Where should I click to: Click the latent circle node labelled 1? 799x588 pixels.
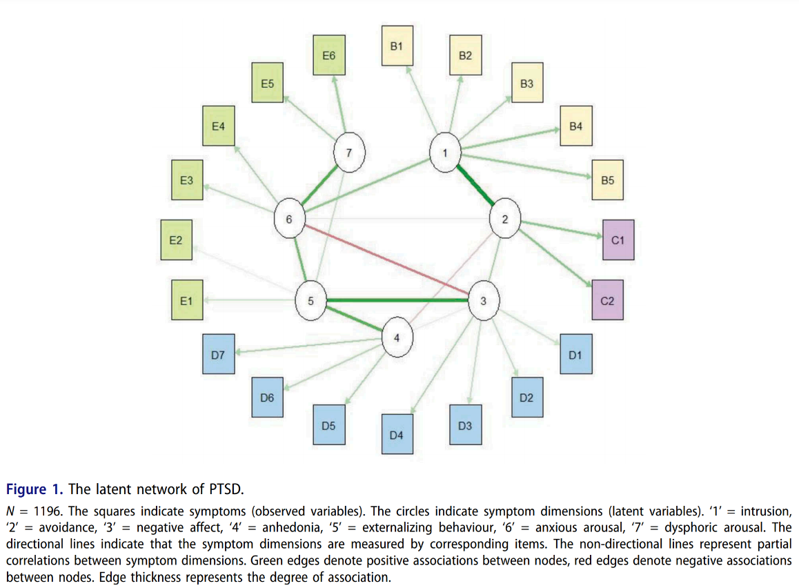pos(445,153)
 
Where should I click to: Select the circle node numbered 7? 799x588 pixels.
pos(348,153)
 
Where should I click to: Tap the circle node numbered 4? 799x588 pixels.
pos(397,337)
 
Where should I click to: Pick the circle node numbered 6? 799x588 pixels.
pos(289,219)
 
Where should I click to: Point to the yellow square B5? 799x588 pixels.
pos(608,181)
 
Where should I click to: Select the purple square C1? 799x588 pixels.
pos(618,240)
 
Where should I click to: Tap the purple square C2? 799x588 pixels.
pos(608,300)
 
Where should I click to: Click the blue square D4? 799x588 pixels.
pos(396,435)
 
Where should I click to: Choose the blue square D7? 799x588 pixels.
pos(218,355)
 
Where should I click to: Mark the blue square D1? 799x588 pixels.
pos(575,355)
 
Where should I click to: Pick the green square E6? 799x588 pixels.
pos(328,54)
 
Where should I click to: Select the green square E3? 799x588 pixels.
pos(186,181)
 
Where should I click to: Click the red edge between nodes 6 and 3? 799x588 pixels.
pos(386,259)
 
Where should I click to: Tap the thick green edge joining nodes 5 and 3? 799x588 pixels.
pos(397,300)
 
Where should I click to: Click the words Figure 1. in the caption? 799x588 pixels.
pos(34,489)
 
